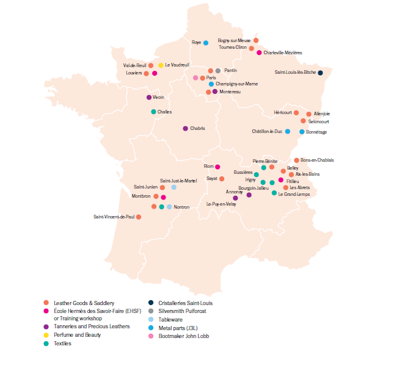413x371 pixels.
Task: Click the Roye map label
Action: pyautogui.click(x=196, y=43)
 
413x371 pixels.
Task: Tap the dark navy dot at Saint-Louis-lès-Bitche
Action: pyautogui.click(x=320, y=73)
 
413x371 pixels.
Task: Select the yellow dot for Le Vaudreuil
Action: pyautogui.click(x=161, y=65)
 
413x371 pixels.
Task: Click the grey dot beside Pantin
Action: pyautogui.click(x=218, y=71)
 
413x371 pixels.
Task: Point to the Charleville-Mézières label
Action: pyautogui.click(x=283, y=53)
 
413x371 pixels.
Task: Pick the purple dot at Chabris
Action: pyautogui.click(x=185, y=129)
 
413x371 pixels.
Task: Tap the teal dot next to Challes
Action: pyautogui.click(x=153, y=112)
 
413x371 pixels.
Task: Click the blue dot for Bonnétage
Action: pyautogui.click(x=302, y=132)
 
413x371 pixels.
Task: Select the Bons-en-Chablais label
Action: pyautogui.click(x=317, y=160)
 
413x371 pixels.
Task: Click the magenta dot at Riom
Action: pyautogui.click(x=217, y=167)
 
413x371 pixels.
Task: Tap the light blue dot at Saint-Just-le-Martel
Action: pyautogui.click(x=174, y=187)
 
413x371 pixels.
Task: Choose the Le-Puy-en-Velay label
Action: pyautogui.click(x=221, y=204)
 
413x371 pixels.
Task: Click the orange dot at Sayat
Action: pyautogui.click(x=222, y=179)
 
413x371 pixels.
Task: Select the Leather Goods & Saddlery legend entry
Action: pyautogui.click(x=84, y=303)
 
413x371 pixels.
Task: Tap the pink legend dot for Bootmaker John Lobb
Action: pyautogui.click(x=150, y=335)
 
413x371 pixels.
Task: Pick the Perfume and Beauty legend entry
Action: pyautogui.click(x=77, y=335)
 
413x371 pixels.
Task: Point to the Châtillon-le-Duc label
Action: pyautogui.click(x=267, y=131)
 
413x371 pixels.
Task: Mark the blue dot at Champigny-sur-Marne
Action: pyautogui.click(x=211, y=84)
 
